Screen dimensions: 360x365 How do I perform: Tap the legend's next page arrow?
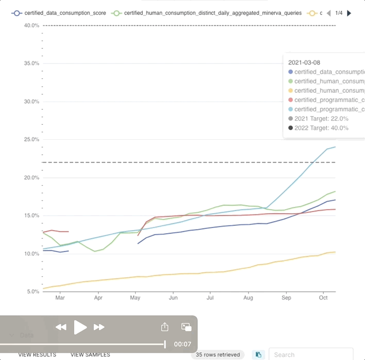click(x=349, y=13)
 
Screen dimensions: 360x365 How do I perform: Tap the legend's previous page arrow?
click(x=329, y=13)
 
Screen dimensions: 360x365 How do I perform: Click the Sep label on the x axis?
click(x=286, y=298)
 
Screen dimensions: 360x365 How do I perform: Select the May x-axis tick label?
click(x=136, y=298)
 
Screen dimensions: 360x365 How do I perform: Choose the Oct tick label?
click(x=323, y=298)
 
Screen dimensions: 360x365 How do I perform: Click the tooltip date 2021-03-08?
click(x=304, y=62)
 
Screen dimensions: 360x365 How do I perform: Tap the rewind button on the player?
click(x=61, y=327)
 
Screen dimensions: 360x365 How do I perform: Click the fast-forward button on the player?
click(x=99, y=327)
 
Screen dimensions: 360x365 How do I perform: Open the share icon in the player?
click(x=165, y=327)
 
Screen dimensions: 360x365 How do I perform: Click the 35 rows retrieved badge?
click(x=218, y=355)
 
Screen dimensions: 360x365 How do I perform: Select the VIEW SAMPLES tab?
click(x=90, y=355)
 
